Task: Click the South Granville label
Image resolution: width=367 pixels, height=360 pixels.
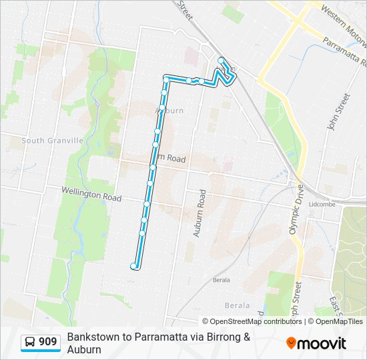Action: point(52,141)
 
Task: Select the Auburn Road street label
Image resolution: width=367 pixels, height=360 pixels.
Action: point(198,213)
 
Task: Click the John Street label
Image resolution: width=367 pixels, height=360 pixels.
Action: point(338,111)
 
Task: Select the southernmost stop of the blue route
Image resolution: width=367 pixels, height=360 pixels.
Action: point(134,266)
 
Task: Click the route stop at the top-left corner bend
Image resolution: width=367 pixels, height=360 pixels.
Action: point(166,79)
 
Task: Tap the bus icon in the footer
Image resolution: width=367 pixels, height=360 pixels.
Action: point(31,343)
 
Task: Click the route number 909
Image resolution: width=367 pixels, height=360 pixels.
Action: point(48,343)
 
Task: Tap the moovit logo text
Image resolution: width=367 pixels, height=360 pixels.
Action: point(323,343)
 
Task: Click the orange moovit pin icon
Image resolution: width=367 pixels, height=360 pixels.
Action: point(292,343)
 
